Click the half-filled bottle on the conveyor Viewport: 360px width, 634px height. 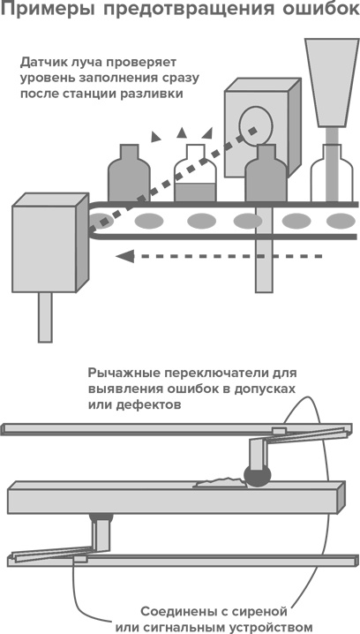point(195,173)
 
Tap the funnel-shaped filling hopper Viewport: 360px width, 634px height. point(332,82)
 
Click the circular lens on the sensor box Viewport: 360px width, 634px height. point(255,125)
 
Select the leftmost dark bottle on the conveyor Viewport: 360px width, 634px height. point(129,173)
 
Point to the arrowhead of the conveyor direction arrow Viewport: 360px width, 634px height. point(124,255)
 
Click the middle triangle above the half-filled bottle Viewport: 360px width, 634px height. point(182,132)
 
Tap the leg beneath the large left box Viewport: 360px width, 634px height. point(45,317)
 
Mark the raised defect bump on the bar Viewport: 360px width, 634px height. point(220,482)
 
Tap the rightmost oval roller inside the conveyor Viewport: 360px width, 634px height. point(341,221)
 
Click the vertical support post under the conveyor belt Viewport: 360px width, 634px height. point(264,249)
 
